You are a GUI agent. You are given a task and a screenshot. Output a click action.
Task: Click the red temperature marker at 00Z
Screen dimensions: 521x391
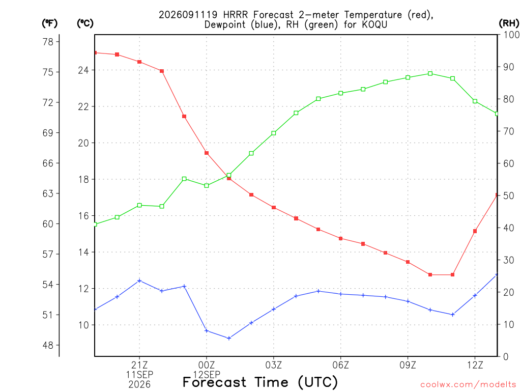[x=207, y=153]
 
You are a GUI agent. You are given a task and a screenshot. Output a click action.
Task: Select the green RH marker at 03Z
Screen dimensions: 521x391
[x=274, y=133]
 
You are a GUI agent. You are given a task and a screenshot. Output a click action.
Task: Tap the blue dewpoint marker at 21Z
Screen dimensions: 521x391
[x=139, y=281]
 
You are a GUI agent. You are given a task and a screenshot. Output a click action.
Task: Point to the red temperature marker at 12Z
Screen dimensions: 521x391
[x=475, y=231]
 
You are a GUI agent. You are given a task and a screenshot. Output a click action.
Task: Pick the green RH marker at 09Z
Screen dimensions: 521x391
[x=408, y=77]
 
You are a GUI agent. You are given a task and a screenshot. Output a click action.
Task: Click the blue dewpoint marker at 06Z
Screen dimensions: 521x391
[x=340, y=294]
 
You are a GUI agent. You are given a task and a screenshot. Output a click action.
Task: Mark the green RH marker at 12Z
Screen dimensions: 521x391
[x=475, y=101]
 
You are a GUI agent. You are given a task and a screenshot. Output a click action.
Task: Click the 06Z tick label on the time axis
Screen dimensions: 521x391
[x=340, y=365]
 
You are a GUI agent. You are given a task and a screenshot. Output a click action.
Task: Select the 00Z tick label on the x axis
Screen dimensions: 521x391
[x=207, y=365]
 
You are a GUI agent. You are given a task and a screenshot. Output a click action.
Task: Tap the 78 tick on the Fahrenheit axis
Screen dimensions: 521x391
[x=48, y=42]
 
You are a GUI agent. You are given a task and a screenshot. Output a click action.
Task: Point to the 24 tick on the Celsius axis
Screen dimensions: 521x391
[x=83, y=70]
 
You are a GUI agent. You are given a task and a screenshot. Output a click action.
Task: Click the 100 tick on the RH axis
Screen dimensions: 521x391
[x=511, y=35]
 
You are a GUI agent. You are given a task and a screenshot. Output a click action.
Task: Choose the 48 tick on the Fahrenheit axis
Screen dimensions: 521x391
[x=48, y=345]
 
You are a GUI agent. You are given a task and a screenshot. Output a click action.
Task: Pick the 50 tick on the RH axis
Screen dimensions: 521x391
[x=509, y=195]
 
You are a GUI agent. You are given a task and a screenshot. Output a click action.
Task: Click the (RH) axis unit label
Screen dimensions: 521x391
[x=509, y=23]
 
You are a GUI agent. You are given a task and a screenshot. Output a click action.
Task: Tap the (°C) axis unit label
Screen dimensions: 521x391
[x=85, y=23]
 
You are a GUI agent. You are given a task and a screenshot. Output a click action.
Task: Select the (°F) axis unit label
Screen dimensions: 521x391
[x=49, y=23]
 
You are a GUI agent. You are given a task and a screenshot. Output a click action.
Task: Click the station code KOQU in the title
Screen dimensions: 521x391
[x=374, y=24]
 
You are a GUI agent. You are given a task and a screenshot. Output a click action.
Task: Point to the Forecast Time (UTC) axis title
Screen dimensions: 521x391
[x=260, y=382]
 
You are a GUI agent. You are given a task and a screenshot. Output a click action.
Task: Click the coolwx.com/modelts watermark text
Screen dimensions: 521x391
[x=468, y=384]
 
